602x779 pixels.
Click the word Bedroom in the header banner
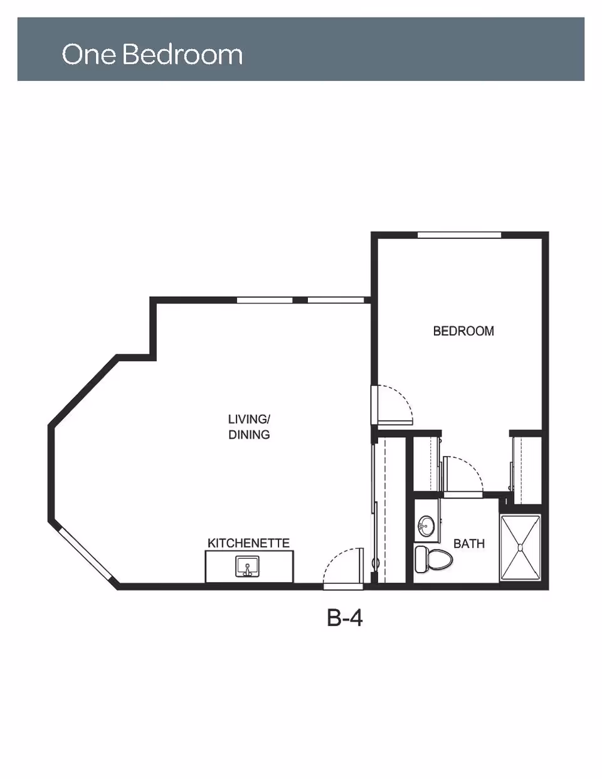182,54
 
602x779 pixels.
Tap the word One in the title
89,55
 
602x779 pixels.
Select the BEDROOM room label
463,331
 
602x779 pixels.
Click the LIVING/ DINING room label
249,427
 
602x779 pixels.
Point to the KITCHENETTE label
248,543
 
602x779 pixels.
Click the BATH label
469,544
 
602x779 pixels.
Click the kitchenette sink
247,566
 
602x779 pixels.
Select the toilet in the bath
433,559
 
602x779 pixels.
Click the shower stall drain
520,547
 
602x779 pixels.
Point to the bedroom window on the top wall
459,235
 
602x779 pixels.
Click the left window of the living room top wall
265,300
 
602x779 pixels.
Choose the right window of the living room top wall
335,300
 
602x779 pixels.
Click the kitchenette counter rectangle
249,567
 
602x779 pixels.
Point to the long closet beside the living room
389,511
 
